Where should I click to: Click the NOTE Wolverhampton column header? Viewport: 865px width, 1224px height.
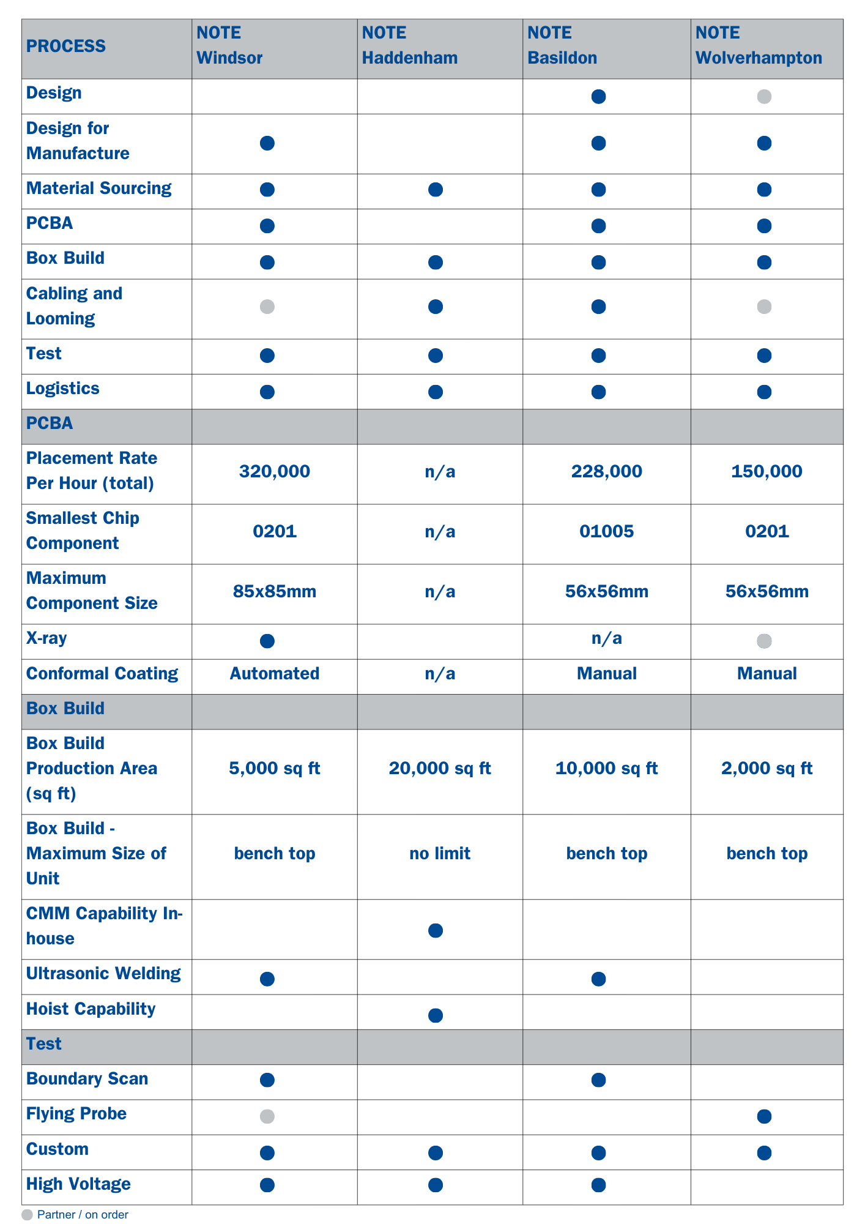(x=759, y=46)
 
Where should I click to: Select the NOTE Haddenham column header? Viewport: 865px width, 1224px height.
(x=410, y=46)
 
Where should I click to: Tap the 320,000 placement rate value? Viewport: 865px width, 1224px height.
(x=275, y=471)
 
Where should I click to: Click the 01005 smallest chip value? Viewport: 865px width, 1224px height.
(x=606, y=531)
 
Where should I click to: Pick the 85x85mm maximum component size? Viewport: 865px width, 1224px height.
(x=275, y=592)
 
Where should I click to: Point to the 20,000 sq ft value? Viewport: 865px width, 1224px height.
(x=440, y=769)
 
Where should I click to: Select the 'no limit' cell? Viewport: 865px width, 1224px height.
(x=440, y=854)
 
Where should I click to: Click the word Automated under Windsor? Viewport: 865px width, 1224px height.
(x=275, y=674)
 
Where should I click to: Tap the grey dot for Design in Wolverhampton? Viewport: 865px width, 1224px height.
(x=764, y=97)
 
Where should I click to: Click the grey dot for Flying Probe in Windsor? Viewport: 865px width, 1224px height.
(x=267, y=1116)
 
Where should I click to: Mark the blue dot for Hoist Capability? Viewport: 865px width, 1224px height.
(x=436, y=1016)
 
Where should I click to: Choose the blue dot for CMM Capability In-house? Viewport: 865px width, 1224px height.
(x=436, y=931)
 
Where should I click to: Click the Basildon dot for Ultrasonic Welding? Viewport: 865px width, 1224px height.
(x=599, y=979)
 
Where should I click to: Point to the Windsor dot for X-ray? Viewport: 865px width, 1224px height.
(x=267, y=641)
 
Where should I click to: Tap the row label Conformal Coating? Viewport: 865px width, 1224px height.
(x=102, y=674)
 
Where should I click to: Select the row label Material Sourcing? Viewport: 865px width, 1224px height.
(x=99, y=188)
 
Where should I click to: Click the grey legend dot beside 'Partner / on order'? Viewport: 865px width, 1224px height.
(x=27, y=1215)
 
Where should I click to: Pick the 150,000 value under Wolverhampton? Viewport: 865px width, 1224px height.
(x=767, y=471)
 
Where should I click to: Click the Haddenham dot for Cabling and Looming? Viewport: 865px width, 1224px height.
(x=436, y=307)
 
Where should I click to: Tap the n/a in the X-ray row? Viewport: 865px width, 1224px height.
(x=606, y=639)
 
